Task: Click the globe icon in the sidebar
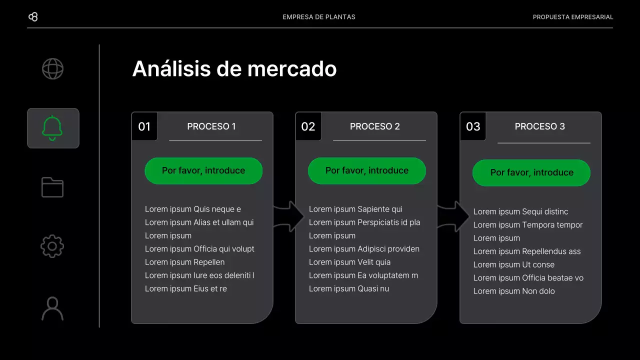tap(52, 69)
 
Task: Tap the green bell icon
tap(52, 128)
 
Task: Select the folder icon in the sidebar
tap(52, 187)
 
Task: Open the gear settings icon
tap(52, 246)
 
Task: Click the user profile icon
tap(52, 308)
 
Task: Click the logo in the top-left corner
tap(33, 17)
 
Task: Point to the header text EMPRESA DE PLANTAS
tap(319, 17)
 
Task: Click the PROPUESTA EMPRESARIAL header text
tap(573, 17)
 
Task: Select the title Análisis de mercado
tap(234, 68)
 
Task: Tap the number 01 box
tap(144, 126)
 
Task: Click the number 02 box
tap(308, 126)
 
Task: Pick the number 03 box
tap(473, 126)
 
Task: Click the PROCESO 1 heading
tap(211, 126)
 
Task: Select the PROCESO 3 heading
tap(540, 126)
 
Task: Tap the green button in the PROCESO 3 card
tap(531, 172)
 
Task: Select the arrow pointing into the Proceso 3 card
tap(453, 216)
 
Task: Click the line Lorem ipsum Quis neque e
tap(193, 209)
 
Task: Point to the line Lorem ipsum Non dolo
tap(514, 291)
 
